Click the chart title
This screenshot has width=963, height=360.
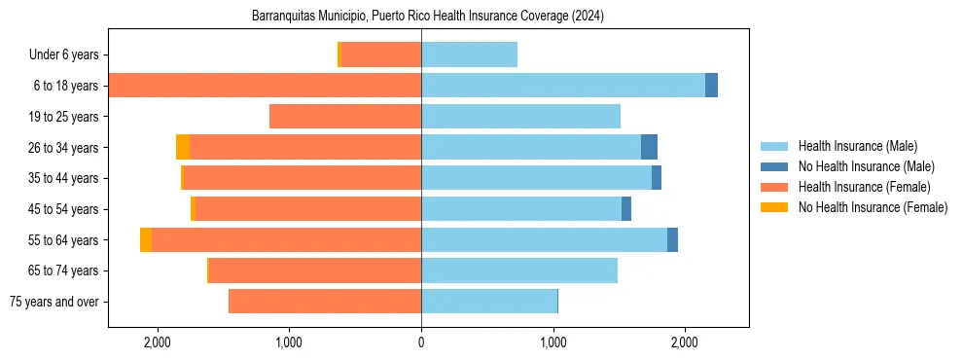click(428, 17)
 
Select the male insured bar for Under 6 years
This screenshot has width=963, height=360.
click(469, 55)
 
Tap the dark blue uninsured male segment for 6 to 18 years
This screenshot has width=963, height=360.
click(711, 86)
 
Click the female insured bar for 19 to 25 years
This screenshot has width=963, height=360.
click(344, 117)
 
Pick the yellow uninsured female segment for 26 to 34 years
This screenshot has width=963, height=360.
click(183, 147)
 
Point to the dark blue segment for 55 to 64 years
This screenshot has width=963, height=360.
click(672, 239)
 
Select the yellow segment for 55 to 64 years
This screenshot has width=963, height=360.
click(146, 239)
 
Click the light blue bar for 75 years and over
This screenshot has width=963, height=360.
click(489, 301)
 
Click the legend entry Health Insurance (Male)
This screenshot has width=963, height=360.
click(857, 146)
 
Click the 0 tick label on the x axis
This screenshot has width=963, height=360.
click(421, 342)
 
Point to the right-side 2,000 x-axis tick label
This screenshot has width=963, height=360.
click(685, 342)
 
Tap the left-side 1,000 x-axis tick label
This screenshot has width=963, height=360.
click(289, 342)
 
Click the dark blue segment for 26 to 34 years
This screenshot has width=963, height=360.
click(649, 147)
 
